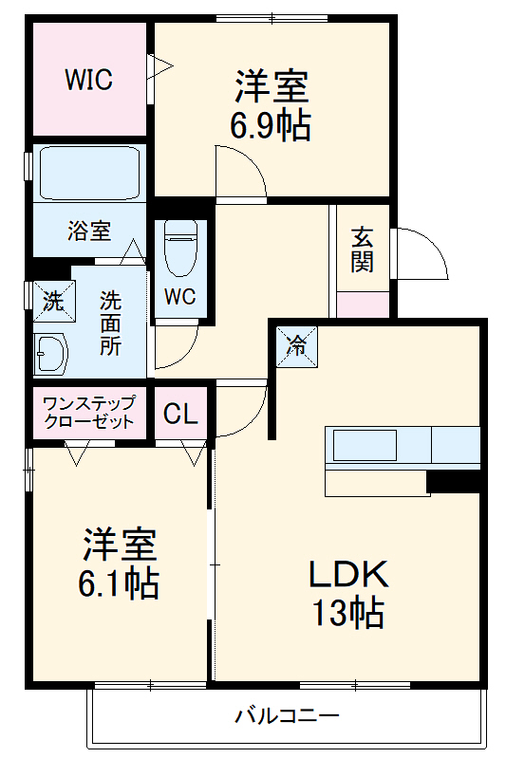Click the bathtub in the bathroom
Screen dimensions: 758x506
tap(88, 173)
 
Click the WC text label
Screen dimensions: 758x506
tap(180, 297)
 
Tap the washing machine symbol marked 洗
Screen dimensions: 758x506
tap(51, 300)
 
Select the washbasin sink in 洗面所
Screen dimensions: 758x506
tap(50, 355)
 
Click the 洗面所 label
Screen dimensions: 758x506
tap(111, 322)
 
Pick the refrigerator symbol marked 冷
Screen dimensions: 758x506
tap(297, 343)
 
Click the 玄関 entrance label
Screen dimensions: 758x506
tap(362, 250)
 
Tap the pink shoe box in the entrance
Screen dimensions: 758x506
tap(363, 305)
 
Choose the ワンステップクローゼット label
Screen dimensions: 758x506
tap(89, 412)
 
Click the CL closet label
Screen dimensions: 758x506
tap(180, 414)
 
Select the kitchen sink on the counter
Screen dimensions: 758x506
tap(363, 444)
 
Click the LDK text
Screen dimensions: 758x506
tap(347, 576)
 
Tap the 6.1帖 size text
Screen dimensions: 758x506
tap(118, 581)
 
